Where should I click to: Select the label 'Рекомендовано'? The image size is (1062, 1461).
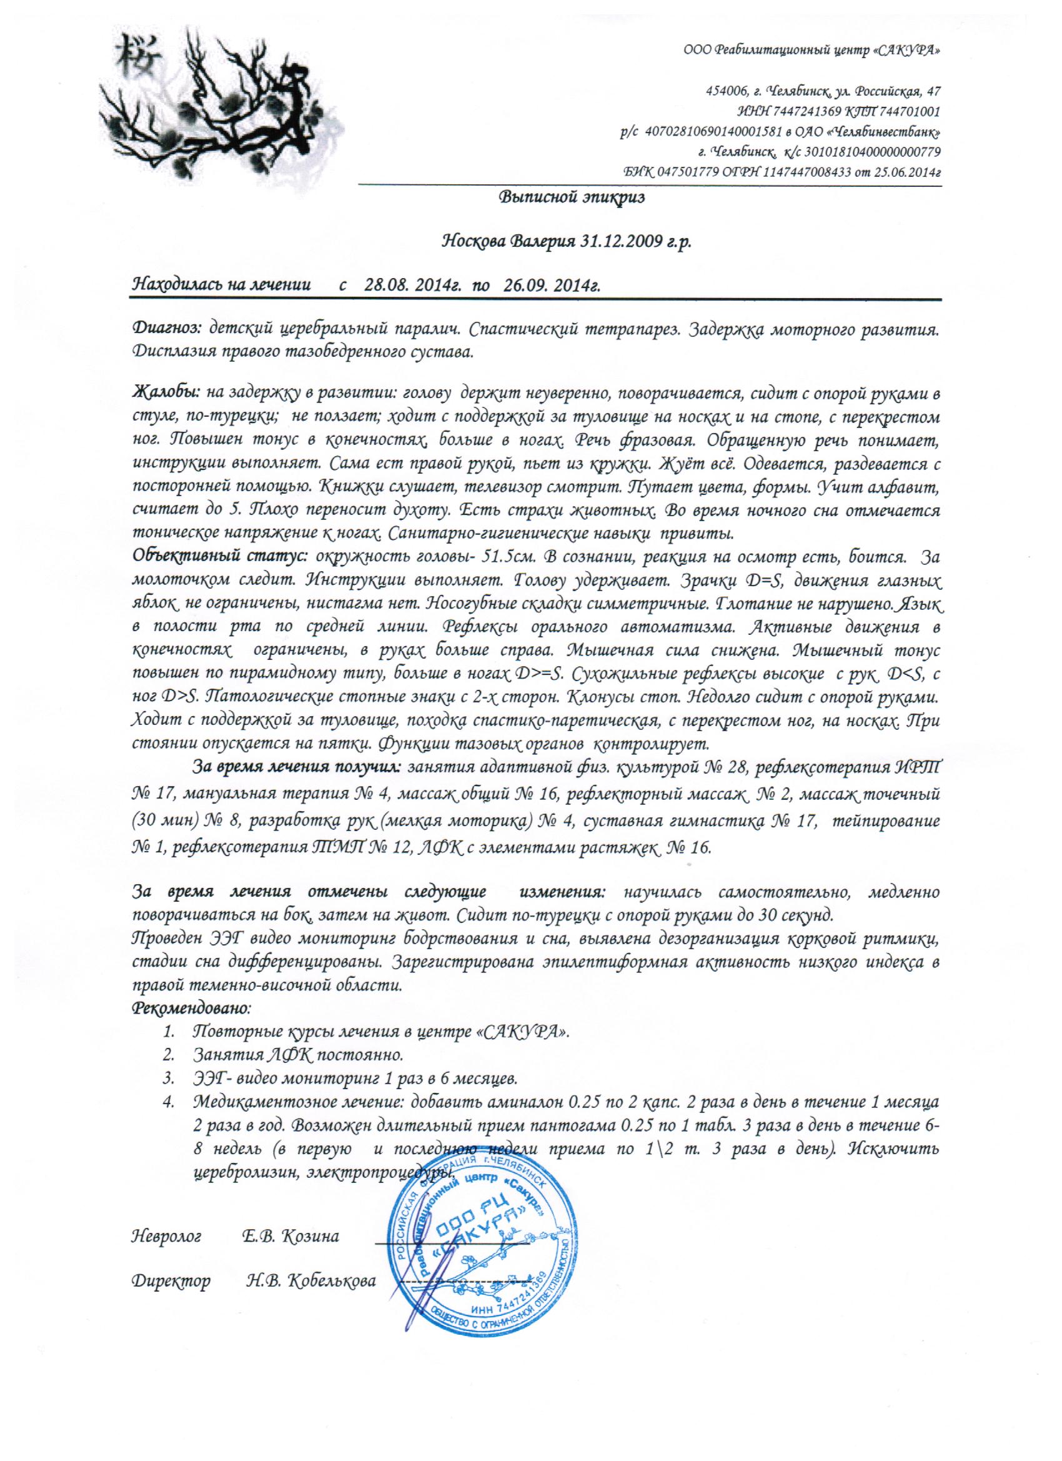[x=191, y=1007]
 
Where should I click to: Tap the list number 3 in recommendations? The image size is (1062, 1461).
[x=169, y=1078]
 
